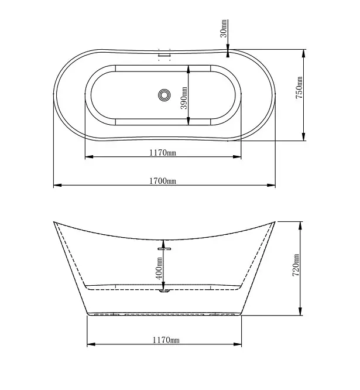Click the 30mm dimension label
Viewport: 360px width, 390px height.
click(224, 28)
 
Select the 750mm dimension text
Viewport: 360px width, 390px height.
click(299, 88)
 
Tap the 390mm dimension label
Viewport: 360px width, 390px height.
click(184, 98)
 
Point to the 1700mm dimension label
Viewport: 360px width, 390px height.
click(163, 181)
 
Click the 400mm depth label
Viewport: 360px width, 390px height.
click(159, 268)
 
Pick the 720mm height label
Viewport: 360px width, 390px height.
click(296, 265)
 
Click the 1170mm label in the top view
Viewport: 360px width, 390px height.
click(163, 152)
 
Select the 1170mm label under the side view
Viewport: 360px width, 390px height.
click(166, 340)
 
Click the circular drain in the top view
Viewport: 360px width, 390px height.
click(164, 95)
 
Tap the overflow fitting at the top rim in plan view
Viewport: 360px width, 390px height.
click(164, 54)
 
